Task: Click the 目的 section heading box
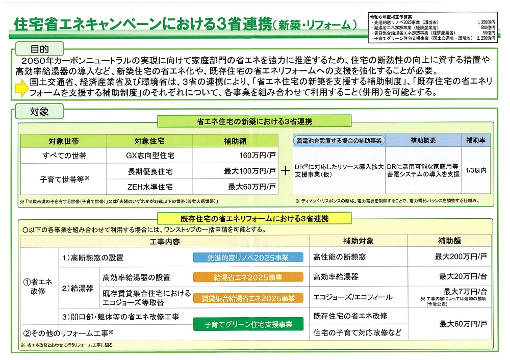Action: pos(39,49)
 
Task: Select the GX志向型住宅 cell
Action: pos(149,156)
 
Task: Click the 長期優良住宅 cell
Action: pos(149,171)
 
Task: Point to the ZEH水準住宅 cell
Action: pos(149,187)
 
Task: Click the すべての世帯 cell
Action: pos(64,156)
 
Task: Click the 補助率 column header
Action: pos(475,140)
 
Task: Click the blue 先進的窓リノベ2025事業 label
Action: pos(248,258)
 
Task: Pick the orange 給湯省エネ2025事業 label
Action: pos(248,278)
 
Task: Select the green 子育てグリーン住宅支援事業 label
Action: pos(248,324)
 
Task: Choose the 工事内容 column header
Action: pos(165,241)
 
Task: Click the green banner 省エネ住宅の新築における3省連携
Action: pos(254,121)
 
